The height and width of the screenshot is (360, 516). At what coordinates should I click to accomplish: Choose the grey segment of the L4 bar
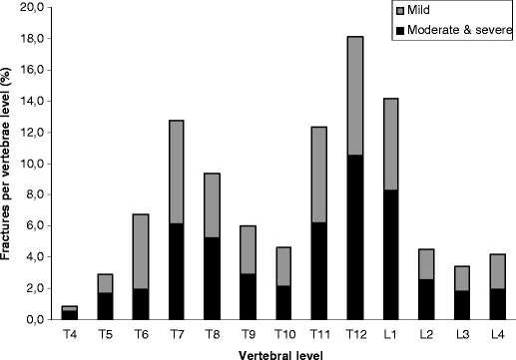498,271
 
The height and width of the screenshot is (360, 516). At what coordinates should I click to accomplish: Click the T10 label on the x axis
282,334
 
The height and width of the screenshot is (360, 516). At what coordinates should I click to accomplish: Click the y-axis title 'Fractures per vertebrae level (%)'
9,163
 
